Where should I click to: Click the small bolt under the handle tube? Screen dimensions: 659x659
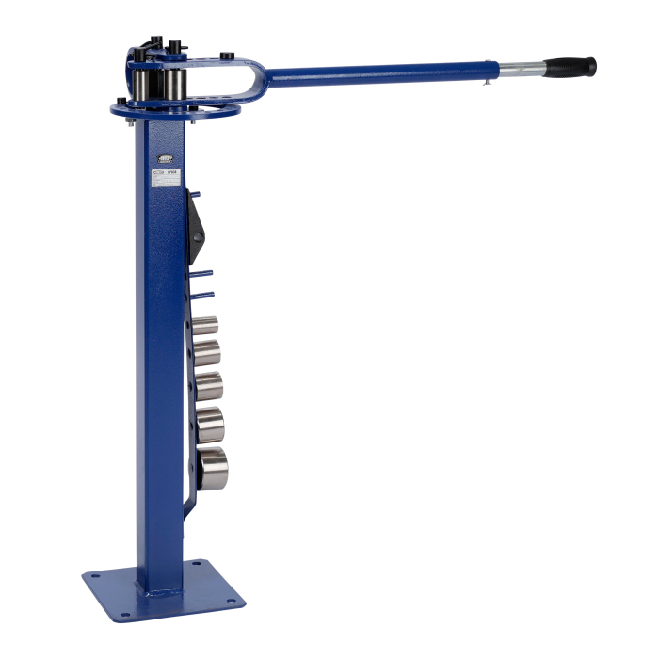point(487,84)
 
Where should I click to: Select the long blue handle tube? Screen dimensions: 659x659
point(377,71)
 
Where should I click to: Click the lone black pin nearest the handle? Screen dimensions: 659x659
point(227,56)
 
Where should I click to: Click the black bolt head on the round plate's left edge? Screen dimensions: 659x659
point(121,103)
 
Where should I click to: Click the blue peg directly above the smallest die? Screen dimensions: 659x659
point(202,295)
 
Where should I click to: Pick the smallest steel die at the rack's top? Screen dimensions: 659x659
point(205,327)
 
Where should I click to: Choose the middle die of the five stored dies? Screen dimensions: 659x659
point(208,385)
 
